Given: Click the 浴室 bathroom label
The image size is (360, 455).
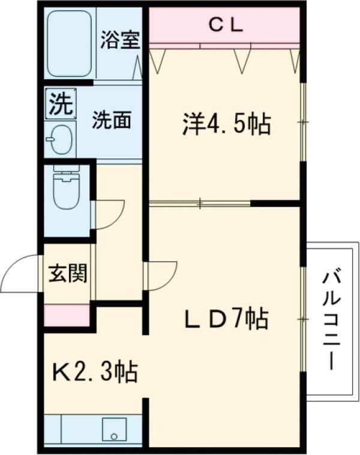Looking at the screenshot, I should click(x=120, y=40).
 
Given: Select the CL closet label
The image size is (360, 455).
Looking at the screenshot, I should click(x=225, y=25).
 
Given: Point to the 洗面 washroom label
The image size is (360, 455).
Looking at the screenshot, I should click(x=112, y=120).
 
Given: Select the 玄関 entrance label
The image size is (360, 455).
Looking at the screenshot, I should click(x=67, y=274).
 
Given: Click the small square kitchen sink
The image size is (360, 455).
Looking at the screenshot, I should click(x=112, y=430).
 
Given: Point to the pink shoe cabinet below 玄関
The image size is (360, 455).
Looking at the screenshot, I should click(x=67, y=315).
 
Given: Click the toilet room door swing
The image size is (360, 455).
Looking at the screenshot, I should click(x=109, y=213).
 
